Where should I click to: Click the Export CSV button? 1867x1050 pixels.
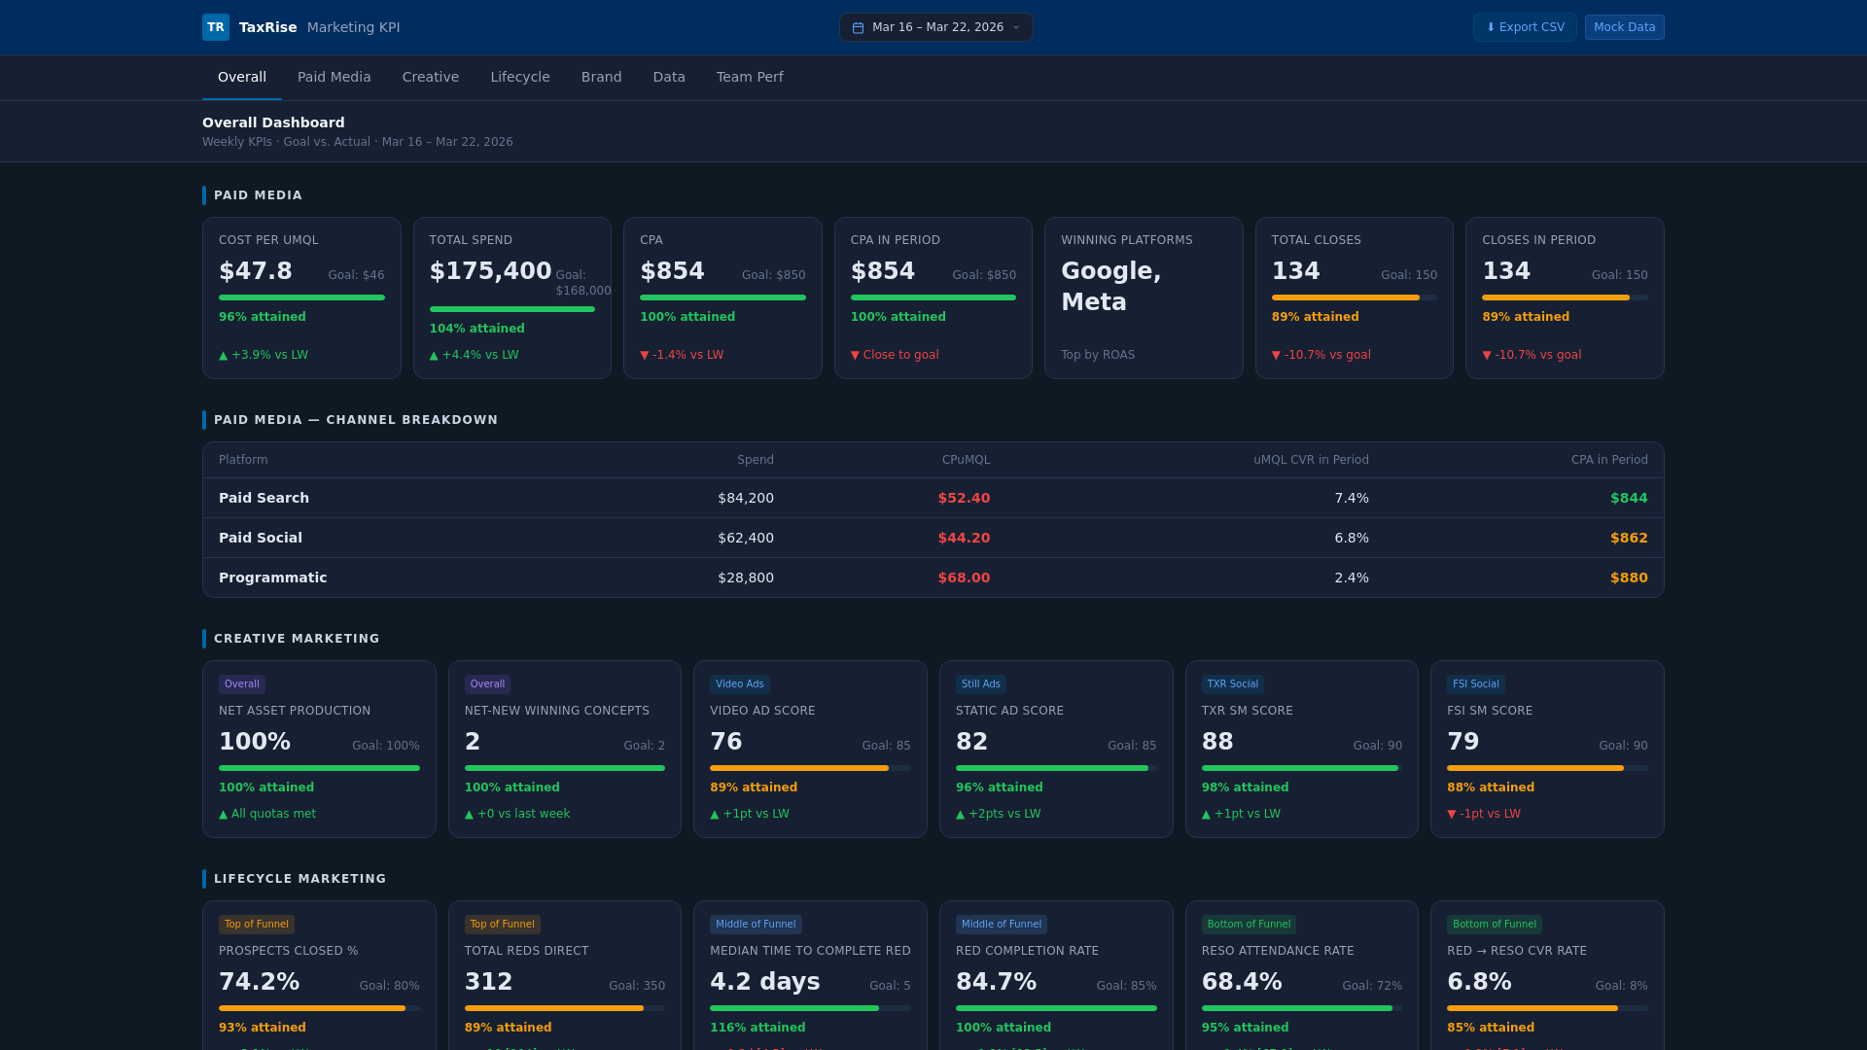coord(1525,27)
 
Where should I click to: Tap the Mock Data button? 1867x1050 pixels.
coord(1624,27)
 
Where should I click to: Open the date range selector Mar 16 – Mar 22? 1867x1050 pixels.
coord(935,27)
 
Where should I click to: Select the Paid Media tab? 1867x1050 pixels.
coord(334,77)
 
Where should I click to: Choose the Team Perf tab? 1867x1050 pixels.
coord(749,77)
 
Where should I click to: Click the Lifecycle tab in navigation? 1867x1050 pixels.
coord(519,77)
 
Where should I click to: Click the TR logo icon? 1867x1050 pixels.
coord(216,27)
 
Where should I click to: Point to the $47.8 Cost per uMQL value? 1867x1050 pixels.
coord(256,271)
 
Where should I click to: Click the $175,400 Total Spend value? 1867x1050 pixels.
coord(490,271)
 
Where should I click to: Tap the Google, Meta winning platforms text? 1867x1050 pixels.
coord(1110,286)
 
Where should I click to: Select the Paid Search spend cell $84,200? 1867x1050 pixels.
coord(746,498)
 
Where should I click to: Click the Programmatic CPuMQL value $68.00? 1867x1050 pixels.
coord(964,577)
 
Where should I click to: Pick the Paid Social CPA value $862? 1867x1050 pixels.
coord(1629,538)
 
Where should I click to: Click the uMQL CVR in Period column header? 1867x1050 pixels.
coord(1310,460)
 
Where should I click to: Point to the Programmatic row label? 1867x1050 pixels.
coord(272,577)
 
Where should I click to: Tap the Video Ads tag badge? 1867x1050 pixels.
coord(739,684)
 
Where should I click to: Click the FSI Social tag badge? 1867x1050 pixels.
coord(1475,684)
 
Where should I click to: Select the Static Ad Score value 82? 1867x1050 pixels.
coord(971,742)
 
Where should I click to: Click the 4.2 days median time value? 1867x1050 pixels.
coord(764,982)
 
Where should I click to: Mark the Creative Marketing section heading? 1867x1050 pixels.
coord(297,639)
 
